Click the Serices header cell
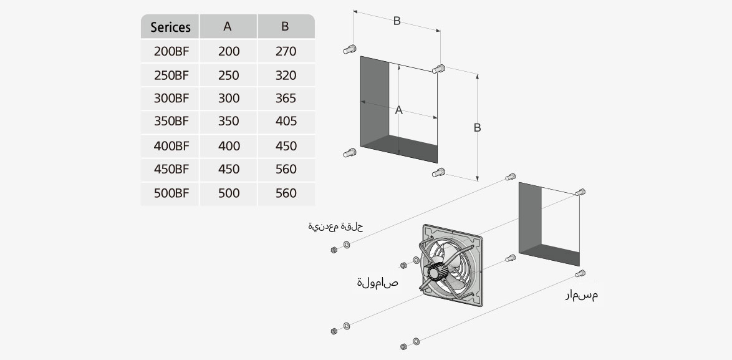coord(170,27)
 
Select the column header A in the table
coord(228,27)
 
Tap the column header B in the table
coord(286,27)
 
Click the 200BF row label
coord(171,51)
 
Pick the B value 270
coord(286,51)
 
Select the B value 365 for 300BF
coord(286,99)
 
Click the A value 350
coord(229,122)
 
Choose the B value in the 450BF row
coord(286,170)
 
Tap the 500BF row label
coord(171,193)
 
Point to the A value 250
coord(229,75)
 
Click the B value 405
coord(286,122)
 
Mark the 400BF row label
coord(171,146)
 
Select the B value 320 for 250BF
coord(286,75)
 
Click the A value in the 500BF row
coord(229,193)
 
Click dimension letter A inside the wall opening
coord(399,110)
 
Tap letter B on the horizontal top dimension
coord(397,21)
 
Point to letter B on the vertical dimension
coord(477,128)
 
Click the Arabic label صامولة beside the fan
coord(378,283)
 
